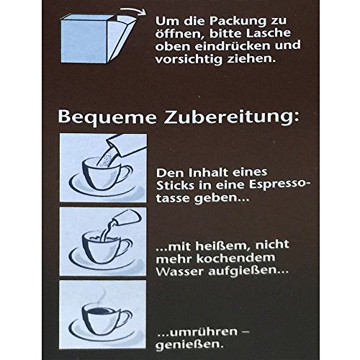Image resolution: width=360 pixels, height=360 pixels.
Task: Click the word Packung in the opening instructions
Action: pyautogui.click(x=238, y=22)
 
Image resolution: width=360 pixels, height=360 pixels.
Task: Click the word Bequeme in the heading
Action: pyautogui.click(x=107, y=117)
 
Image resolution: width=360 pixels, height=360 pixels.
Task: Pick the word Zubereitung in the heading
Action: pyautogui.click(x=229, y=117)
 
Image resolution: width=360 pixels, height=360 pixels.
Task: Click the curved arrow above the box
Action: pyautogui.click(x=133, y=11)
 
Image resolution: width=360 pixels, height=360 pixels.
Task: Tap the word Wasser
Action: pyautogui.click(x=180, y=271)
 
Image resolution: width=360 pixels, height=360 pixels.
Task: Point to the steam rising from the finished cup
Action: pyautogui.click(x=102, y=297)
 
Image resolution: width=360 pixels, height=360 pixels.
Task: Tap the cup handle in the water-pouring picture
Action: pyautogui.click(x=126, y=246)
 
